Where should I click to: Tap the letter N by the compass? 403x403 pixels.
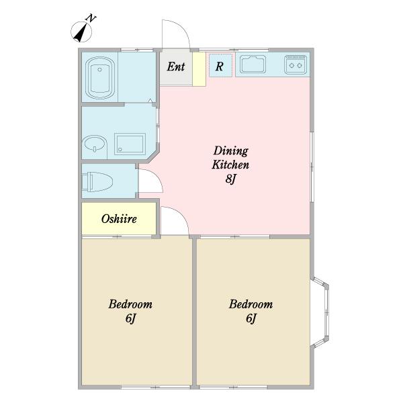click(x=91, y=18)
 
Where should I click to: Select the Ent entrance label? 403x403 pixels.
click(x=176, y=66)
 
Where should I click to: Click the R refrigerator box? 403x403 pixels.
click(x=220, y=65)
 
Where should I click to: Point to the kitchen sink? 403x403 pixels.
click(x=253, y=64)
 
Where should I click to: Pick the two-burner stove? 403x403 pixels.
click(x=296, y=64)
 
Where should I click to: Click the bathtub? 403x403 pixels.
click(x=99, y=78)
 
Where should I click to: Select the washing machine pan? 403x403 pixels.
click(x=130, y=144)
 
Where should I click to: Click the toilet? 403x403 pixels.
click(x=97, y=182)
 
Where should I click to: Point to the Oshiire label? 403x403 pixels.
click(x=119, y=219)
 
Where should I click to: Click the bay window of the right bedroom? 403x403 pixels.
click(x=320, y=312)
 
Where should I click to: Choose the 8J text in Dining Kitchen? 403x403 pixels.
click(x=230, y=179)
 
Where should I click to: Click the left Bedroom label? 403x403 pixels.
click(x=130, y=304)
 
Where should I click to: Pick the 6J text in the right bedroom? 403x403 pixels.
click(x=251, y=318)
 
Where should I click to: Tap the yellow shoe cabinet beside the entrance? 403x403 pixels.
click(x=199, y=69)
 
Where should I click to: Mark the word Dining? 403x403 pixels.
click(x=231, y=151)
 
